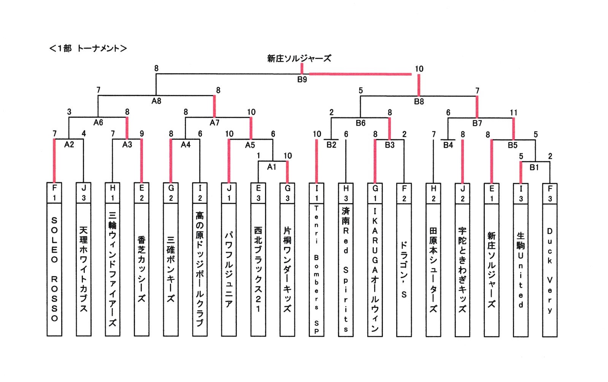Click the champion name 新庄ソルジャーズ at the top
pos(299,58)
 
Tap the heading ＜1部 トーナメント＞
pos(88,49)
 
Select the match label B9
pos(302,80)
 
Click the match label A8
pos(156,101)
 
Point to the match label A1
pos(271,167)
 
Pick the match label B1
pos(534,167)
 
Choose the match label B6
pos(360,123)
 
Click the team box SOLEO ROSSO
pos(54,270)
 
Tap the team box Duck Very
pos(550,270)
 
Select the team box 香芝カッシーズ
pos(141,270)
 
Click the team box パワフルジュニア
pos(229,270)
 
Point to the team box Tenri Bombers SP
pos(316,270)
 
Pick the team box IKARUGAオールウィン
pos(375,270)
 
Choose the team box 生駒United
pos(521,270)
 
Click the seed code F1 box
pos(54,193)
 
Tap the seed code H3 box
pos(346,193)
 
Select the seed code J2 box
pos(462,193)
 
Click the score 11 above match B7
pos(514,113)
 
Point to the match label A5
pos(250,145)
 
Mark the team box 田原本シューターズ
pos(433,270)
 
